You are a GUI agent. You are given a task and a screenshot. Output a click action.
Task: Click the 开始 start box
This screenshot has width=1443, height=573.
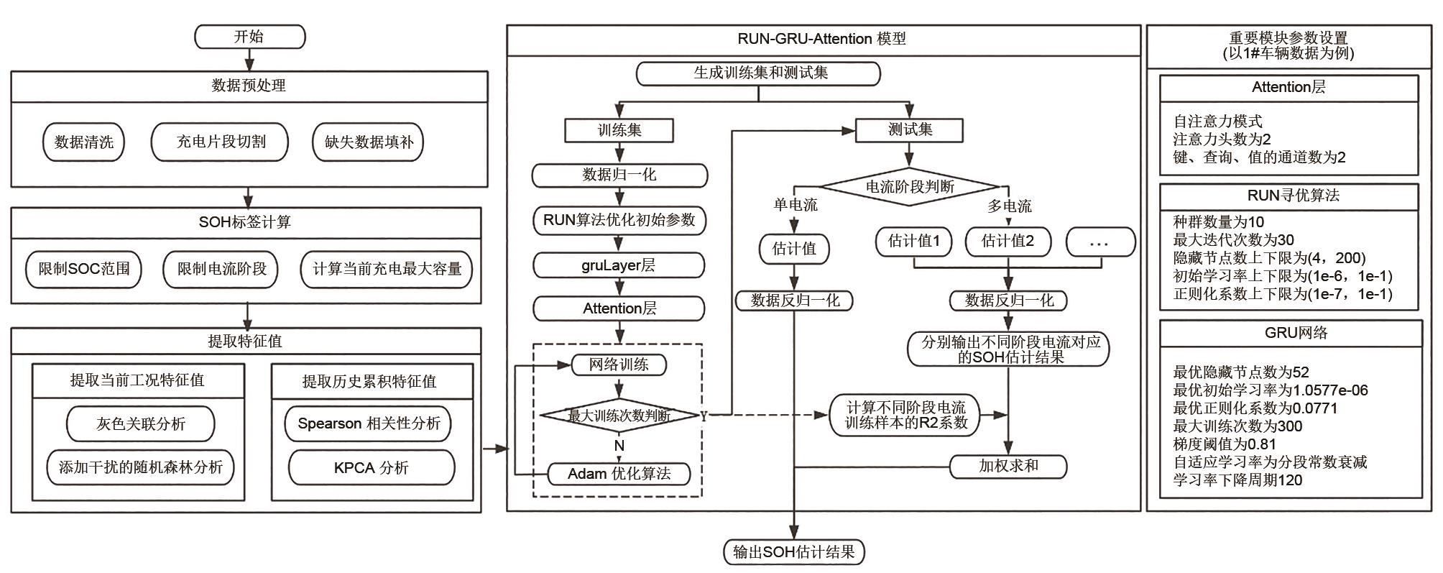tap(249, 37)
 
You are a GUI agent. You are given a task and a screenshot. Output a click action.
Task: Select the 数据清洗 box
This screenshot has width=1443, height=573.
tap(83, 142)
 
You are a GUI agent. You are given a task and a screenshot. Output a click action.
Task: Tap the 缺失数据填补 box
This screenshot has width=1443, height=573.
tap(369, 142)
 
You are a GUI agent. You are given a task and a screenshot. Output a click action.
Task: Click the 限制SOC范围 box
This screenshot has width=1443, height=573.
tap(84, 269)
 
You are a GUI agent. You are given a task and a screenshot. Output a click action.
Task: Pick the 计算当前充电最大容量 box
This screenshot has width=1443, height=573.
tap(387, 269)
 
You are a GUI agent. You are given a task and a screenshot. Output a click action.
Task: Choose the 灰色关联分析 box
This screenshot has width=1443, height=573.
tap(140, 423)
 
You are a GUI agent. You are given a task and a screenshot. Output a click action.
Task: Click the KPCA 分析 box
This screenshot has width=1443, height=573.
tap(371, 468)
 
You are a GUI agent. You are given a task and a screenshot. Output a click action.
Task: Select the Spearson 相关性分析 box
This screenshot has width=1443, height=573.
tap(369, 423)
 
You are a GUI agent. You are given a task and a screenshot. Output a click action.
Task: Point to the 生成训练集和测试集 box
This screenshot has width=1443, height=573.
tap(759, 73)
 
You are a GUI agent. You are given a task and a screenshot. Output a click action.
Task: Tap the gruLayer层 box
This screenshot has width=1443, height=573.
tap(619, 265)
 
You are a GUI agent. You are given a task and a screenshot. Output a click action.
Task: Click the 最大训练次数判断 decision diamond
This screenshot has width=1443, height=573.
tap(619, 416)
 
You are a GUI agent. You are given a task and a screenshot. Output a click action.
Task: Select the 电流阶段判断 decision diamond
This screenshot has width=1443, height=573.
tap(909, 187)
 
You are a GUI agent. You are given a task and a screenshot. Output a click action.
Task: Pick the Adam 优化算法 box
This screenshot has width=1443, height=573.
tap(619, 474)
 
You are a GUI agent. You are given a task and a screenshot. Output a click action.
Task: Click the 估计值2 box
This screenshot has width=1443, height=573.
tap(1008, 241)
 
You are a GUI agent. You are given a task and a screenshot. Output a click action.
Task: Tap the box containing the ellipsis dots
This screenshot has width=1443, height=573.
tap(1099, 242)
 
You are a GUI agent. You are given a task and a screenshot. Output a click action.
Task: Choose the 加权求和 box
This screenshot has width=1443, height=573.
tap(1008, 466)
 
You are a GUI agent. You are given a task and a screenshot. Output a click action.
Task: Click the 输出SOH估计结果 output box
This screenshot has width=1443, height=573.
tap(793, 552)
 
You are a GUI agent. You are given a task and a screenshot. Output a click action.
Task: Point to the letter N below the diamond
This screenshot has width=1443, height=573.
tap(619, 446)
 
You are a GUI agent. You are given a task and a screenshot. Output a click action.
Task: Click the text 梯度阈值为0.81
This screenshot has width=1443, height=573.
tap(1225, 444)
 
